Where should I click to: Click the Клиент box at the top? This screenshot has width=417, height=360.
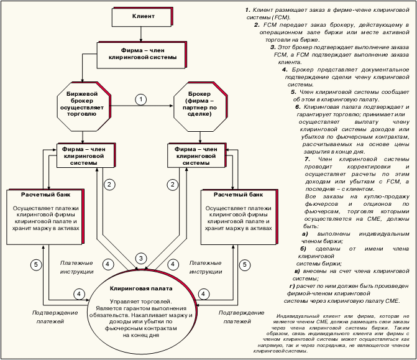coord(143,14)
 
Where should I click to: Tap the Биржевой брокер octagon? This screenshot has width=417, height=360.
coord(81,103)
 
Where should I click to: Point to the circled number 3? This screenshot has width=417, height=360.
coord(141,257)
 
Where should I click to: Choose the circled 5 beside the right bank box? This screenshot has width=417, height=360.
coord(245,264)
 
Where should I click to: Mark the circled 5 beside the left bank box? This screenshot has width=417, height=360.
coord(36,264)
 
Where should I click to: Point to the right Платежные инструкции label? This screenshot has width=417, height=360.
coord(205,267)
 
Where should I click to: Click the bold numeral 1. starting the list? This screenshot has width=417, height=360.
coord(247,11)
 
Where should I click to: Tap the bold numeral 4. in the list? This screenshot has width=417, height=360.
coord(284,70)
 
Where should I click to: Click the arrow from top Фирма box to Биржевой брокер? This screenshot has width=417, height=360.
coord(81,73)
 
